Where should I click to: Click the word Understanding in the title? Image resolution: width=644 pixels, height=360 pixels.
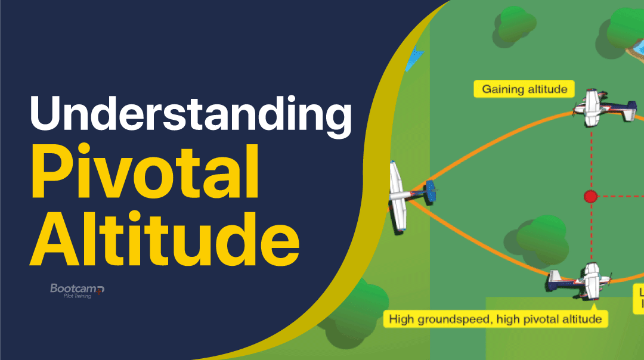click(x=190, y=116)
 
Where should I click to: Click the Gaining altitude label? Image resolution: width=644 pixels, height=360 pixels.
click(x=524, y=89)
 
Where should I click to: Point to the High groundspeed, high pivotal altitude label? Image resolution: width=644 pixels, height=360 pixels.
click(x=494, y=319)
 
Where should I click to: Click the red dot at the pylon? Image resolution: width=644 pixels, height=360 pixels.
click(x=590, y=196)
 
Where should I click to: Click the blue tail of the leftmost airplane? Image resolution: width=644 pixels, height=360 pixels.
click(x=431, y=192)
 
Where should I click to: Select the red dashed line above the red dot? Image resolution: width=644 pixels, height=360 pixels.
click(x=592, y=158)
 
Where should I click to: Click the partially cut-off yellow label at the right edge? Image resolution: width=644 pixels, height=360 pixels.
click(x=638, y=298)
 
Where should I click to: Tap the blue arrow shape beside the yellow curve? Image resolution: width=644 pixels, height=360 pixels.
click(x=414, y=57)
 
